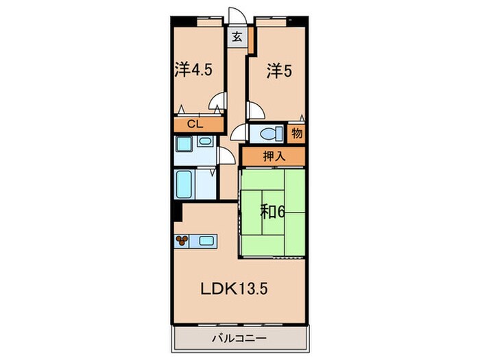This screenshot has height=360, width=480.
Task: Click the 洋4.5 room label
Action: point(193,70)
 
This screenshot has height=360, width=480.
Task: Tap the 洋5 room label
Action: point(279,71)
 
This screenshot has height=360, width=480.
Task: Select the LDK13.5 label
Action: point(235,289)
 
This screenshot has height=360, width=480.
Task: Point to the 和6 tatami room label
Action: point(272,211)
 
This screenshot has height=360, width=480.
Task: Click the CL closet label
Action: point(195,124)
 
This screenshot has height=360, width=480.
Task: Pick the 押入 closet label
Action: point(274,156)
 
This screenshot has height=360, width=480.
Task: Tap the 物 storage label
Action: point(297,133)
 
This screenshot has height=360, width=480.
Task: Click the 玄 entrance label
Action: point(237,37)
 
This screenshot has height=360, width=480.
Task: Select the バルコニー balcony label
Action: point(239,338)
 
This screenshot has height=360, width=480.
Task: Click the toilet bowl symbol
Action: point(271,134)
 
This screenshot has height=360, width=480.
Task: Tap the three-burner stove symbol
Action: point(182,240)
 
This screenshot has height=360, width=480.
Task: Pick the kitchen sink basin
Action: point(206,241)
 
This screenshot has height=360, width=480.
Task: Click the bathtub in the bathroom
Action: point(184,184)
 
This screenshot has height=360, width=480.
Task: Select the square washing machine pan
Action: point(184,144)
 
